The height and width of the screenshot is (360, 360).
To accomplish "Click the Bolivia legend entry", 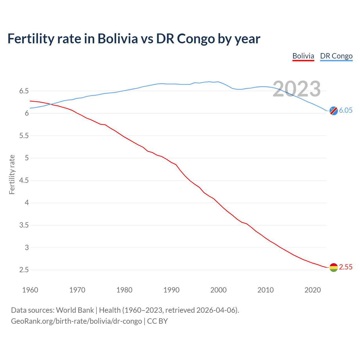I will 303,56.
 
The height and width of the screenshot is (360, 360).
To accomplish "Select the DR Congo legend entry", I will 336,56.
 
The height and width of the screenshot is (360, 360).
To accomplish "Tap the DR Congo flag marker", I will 334,111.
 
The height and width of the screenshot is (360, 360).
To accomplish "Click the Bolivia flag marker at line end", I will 334,267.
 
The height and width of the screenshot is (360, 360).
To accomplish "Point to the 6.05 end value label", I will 346,110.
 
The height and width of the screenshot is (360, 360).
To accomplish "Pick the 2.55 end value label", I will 346,267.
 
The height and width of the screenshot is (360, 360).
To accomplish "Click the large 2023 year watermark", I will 297,89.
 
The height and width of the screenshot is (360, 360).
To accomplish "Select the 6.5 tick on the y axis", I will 24,91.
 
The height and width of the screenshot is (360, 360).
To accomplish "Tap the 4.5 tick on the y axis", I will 24,180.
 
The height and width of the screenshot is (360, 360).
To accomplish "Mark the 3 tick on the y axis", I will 27,247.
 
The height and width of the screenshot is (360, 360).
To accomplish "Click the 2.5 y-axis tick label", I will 24,270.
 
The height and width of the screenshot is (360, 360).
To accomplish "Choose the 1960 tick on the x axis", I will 30,290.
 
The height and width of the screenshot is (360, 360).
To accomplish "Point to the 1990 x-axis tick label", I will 171,290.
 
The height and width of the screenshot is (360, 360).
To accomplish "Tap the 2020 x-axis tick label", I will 312,290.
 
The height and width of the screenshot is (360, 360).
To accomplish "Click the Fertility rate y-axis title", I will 12,174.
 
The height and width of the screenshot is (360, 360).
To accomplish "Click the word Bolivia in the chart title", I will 118,39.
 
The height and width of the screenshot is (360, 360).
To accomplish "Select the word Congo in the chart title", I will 196,39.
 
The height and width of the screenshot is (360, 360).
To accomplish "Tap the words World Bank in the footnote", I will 75,310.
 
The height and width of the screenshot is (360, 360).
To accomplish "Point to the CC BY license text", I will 157,321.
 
